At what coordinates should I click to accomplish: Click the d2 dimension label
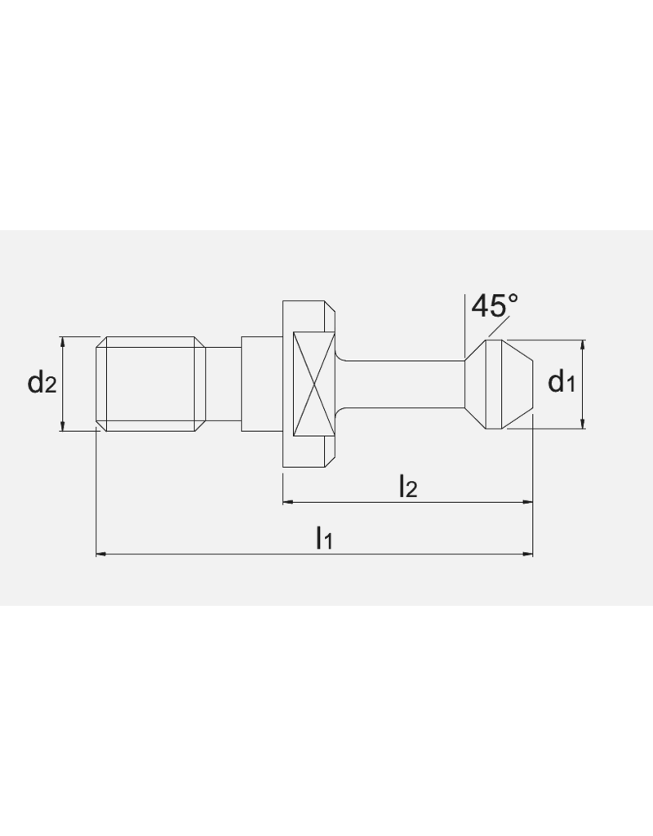[x=42, y=382]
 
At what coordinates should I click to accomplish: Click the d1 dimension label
[x=562, y=380]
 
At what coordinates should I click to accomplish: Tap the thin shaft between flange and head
[x=400, y=383]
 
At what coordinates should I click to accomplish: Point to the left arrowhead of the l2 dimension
[x=287, y=503]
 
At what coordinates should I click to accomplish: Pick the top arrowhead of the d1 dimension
[x=583, y=344]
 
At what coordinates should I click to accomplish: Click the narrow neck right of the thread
[x=223, y=383]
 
